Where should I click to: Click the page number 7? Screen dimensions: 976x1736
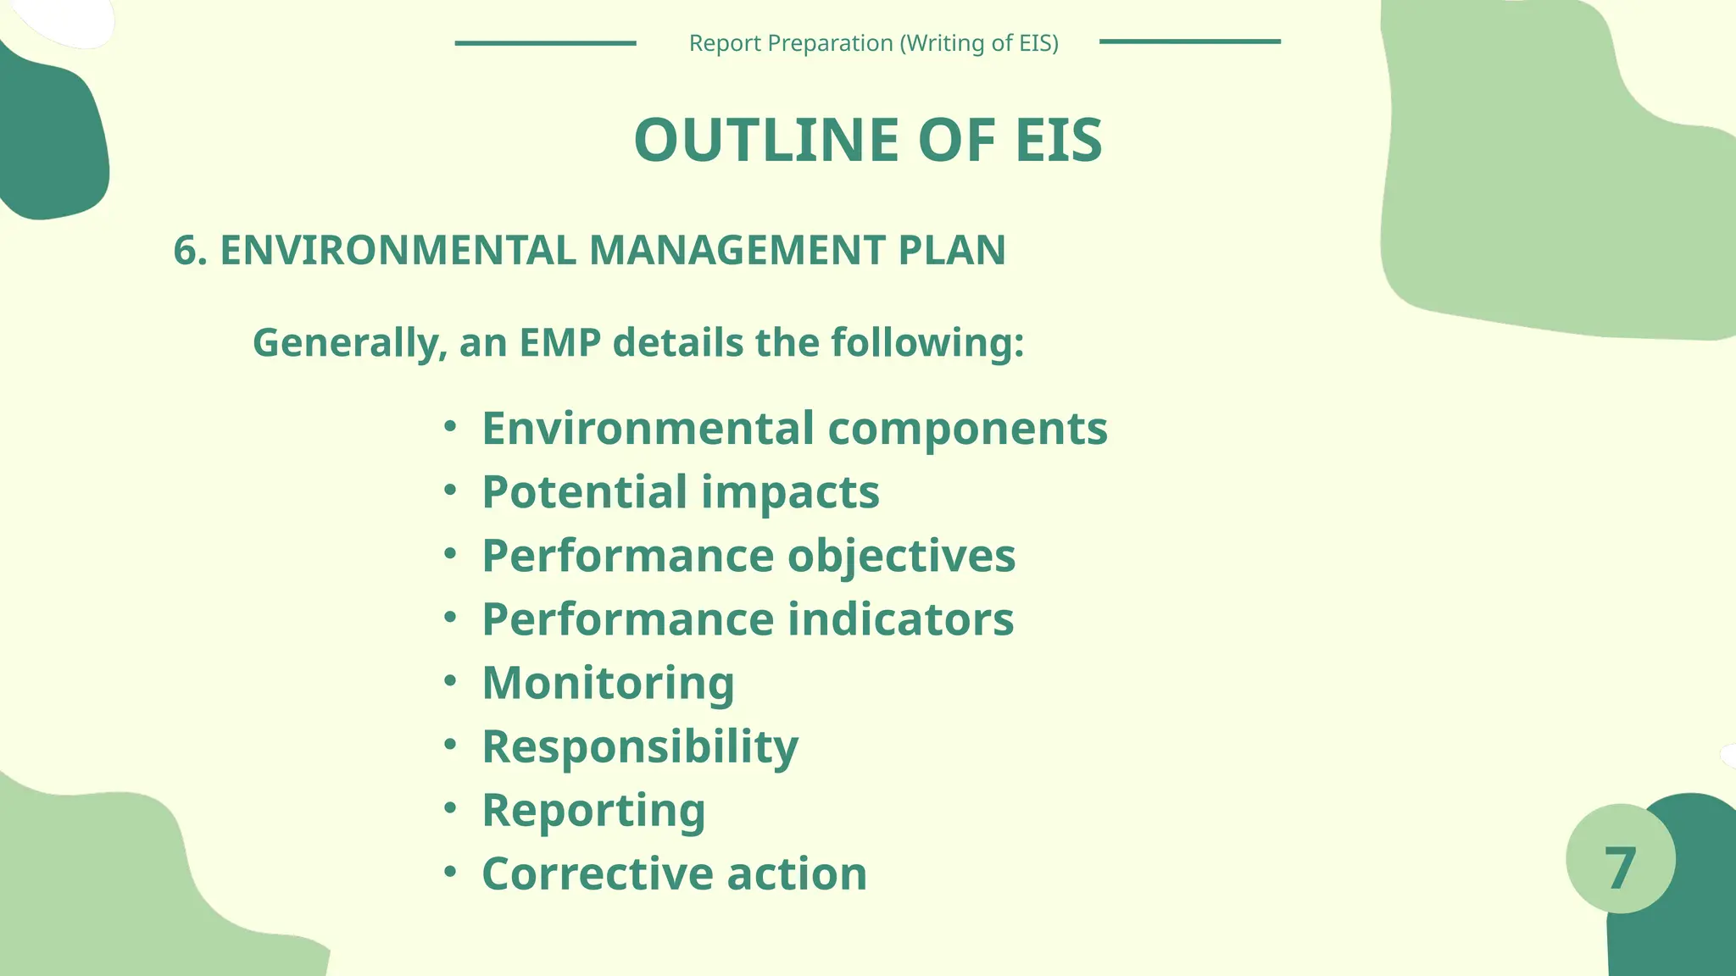coord(1620,868)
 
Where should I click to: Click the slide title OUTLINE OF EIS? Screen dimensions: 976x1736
coord(868,140)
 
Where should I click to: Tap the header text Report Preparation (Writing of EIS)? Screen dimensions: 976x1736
coord(873,43)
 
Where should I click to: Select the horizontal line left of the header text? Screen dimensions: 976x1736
coord(545,42)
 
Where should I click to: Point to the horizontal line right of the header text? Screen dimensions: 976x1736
coord(1189,42)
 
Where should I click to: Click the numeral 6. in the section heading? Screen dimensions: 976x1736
coord(190,251)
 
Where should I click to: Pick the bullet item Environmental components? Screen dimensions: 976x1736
coord(794,428)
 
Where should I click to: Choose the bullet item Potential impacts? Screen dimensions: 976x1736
coord(681,491)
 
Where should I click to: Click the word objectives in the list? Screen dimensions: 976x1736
coord(901,556)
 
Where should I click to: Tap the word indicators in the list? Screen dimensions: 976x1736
coord(900,618)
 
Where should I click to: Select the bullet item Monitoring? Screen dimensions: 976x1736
coord(608,683)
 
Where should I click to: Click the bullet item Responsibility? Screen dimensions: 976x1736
coord(640,746)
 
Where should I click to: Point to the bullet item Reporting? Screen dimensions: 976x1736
coord(593,810)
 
